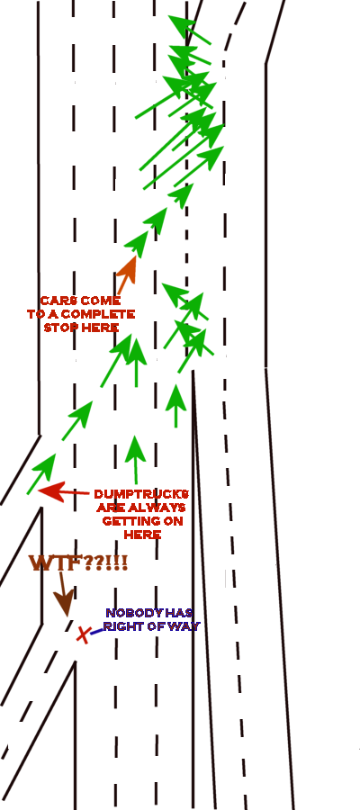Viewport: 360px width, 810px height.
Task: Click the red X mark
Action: [x=83, y=634]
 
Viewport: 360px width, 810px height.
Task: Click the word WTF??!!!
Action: [x=78, y=563]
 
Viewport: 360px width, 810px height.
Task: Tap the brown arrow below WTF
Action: [x=64, y=594]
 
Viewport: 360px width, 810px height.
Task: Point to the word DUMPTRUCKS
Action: [x=141, y=494]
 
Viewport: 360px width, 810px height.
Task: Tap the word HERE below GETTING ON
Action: [x=142, y=535]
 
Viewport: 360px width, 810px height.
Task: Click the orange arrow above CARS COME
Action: [x=127, y=274]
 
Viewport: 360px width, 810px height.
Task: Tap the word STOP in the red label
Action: [x=58, y=328]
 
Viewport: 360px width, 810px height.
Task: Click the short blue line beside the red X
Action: [x=96, y=631]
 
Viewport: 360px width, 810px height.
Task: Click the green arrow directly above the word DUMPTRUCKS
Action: [x=135, y=460]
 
